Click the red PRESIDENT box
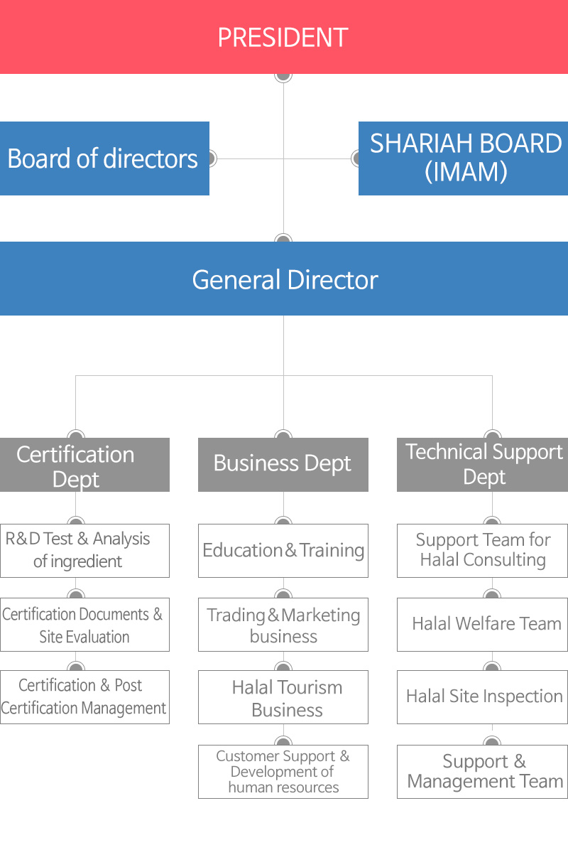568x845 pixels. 283,37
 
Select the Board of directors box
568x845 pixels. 104,158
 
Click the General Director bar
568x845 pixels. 283,279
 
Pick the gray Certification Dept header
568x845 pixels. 84,465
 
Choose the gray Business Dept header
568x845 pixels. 283,465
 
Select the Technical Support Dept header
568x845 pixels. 483,465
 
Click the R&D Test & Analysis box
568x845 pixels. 84,550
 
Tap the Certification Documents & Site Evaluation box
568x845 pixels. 84,625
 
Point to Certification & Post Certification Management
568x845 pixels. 84,696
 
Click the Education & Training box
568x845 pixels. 283,550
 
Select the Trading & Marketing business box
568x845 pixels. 283,625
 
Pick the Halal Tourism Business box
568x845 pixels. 283,696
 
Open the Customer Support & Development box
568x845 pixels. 283,771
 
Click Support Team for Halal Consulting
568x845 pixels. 483,550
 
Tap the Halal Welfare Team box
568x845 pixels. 483,625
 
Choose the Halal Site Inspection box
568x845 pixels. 483,696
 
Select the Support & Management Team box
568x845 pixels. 483,771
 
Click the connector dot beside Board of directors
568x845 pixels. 210,158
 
